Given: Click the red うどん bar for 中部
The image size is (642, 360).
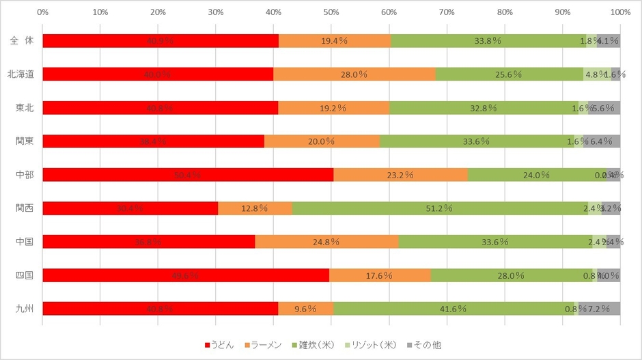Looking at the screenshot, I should coord(188,174).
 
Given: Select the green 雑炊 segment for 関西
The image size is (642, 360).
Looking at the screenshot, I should coord(440,208).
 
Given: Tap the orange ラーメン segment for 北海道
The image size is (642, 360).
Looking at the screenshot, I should coord(354,74).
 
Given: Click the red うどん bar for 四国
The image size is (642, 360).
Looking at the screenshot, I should coord(186,275).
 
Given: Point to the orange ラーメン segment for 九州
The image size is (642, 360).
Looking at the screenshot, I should coord(305,308).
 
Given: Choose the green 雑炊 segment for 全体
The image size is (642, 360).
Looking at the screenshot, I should coord(488,40).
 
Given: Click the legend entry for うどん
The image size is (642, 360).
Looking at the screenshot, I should coord(219,344).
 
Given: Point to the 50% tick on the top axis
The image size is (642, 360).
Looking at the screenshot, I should coord(331,12).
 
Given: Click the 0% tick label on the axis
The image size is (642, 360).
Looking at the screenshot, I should coord(42,12).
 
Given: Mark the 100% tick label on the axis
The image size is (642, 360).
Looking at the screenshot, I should coord(620,12).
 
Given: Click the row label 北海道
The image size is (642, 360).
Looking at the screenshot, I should coord(18,74).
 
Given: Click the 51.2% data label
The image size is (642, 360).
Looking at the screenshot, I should coord(440,208).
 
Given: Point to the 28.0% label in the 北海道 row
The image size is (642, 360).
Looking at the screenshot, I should coord(354,74).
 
